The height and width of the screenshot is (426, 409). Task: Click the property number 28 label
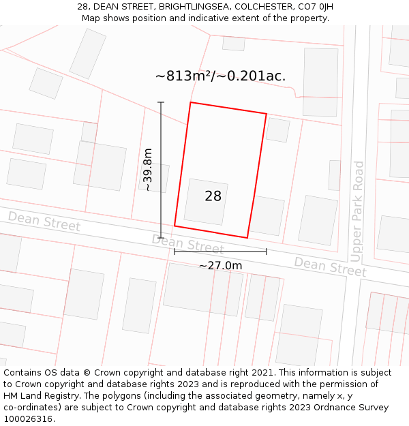[213, 196]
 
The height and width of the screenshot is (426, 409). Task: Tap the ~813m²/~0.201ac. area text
[220, 76]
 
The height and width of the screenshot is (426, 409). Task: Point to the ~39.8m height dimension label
[148, 170]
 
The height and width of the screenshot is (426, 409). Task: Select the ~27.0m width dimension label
[220, 265]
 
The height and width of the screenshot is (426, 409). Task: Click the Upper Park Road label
[358, 211]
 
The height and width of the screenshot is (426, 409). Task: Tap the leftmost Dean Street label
[44, 222]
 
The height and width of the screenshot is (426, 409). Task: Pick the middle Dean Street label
[187, 244]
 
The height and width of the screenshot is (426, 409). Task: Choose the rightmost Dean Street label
[330, 267]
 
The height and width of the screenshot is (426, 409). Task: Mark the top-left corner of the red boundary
[190, 103]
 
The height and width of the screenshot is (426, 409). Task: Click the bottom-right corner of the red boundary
[247, 238]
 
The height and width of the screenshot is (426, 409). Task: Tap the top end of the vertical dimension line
[161, 103]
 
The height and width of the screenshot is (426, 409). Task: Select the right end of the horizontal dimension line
[266, 252]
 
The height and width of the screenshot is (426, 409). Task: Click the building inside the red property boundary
[206, 202]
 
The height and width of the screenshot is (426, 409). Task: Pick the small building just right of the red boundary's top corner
[277, 130]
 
